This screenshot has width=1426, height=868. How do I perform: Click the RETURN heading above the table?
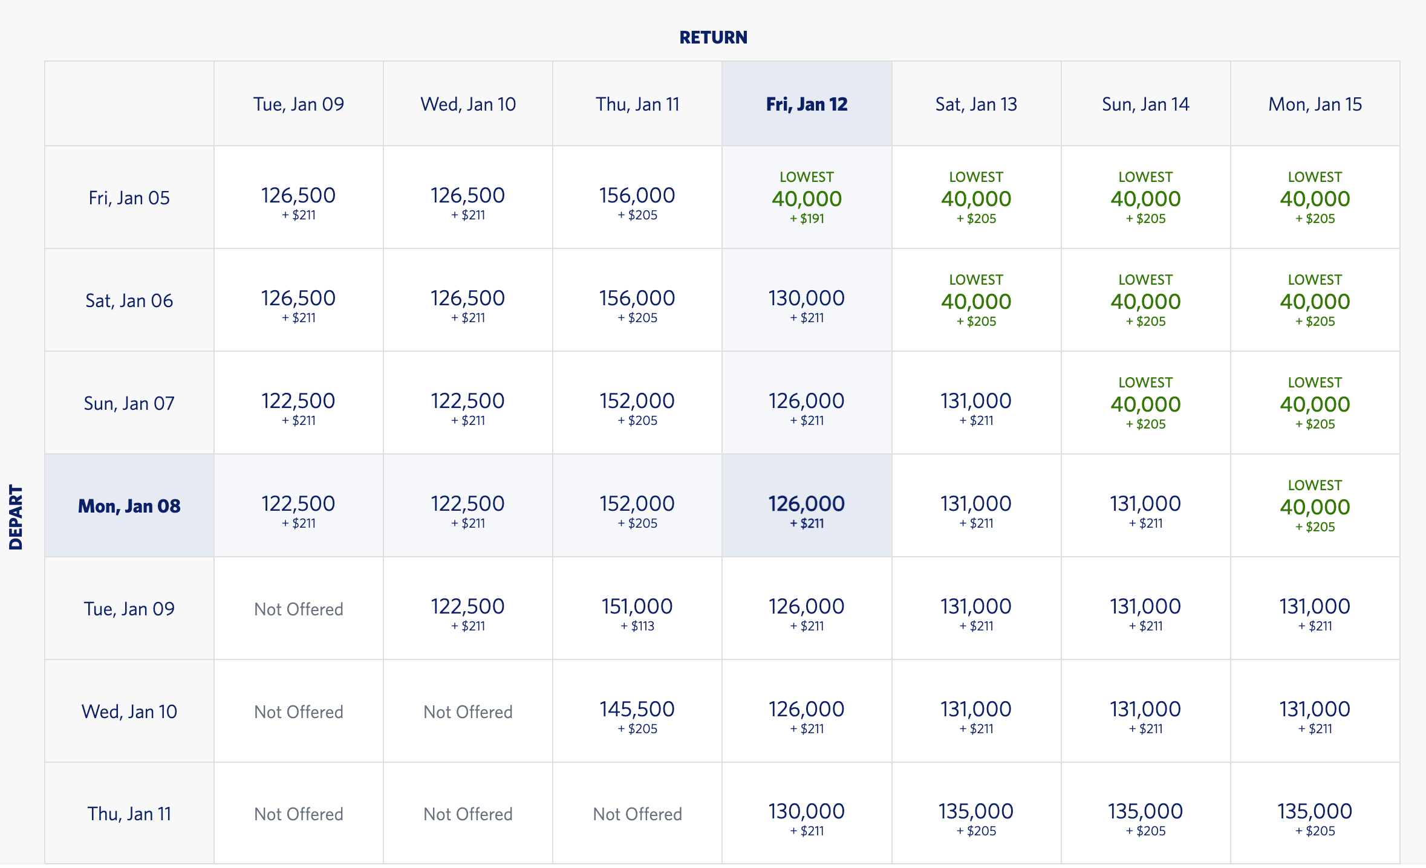pos(713,37)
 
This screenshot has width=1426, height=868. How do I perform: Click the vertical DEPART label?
pos(16,517)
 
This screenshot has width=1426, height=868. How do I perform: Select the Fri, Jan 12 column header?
pos(807,104)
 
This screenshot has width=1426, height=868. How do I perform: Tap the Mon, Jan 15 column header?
pos(1315,104)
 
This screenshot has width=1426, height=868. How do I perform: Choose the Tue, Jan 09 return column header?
pos(298,104)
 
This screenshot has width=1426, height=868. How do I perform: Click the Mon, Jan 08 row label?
pos(129,506)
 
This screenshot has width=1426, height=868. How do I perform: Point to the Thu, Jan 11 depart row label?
pos(129,814)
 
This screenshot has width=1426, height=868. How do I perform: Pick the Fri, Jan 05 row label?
pos(129,198)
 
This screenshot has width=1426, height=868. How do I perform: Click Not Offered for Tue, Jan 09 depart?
pos(298,609)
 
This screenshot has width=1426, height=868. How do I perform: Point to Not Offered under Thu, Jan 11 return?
pos(637,814)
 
